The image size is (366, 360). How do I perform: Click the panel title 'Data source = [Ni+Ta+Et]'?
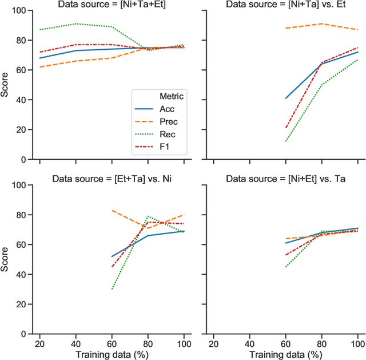tap(112, 5)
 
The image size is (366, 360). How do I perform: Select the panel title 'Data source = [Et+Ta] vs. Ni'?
tap(112, 179)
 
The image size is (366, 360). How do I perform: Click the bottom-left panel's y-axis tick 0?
tap(23, 334)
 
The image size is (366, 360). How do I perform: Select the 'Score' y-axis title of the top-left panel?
tap(5, 85)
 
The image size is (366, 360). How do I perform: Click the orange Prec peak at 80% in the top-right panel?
tap(321, 24)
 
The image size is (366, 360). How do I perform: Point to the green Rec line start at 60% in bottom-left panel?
tap(112, 289)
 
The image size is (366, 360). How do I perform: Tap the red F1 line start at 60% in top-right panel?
tap(285, 128)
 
